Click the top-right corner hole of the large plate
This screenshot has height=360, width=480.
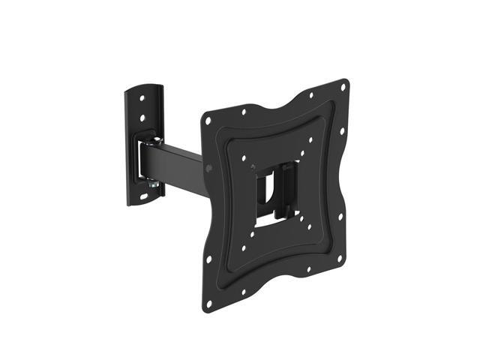[343, 87]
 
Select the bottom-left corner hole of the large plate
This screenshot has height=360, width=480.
[209, 303]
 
